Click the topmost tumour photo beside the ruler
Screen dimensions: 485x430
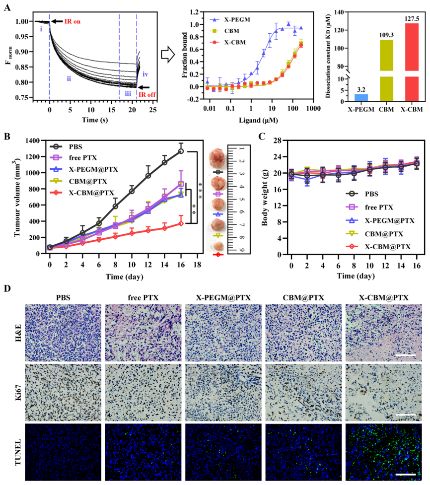coord(217,156)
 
